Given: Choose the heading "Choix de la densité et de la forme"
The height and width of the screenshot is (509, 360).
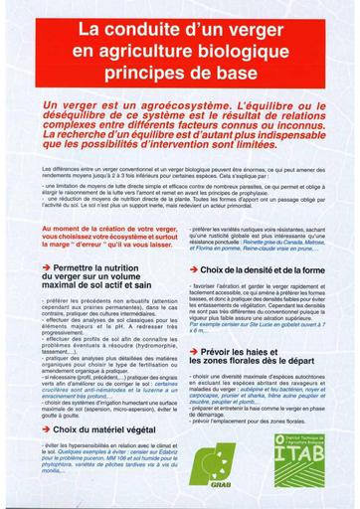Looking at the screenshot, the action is pos(264,269).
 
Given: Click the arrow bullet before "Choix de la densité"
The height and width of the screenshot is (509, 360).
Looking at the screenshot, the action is pos(191,269).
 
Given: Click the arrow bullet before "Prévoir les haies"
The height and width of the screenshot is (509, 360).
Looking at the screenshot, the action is pos(191,352).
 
